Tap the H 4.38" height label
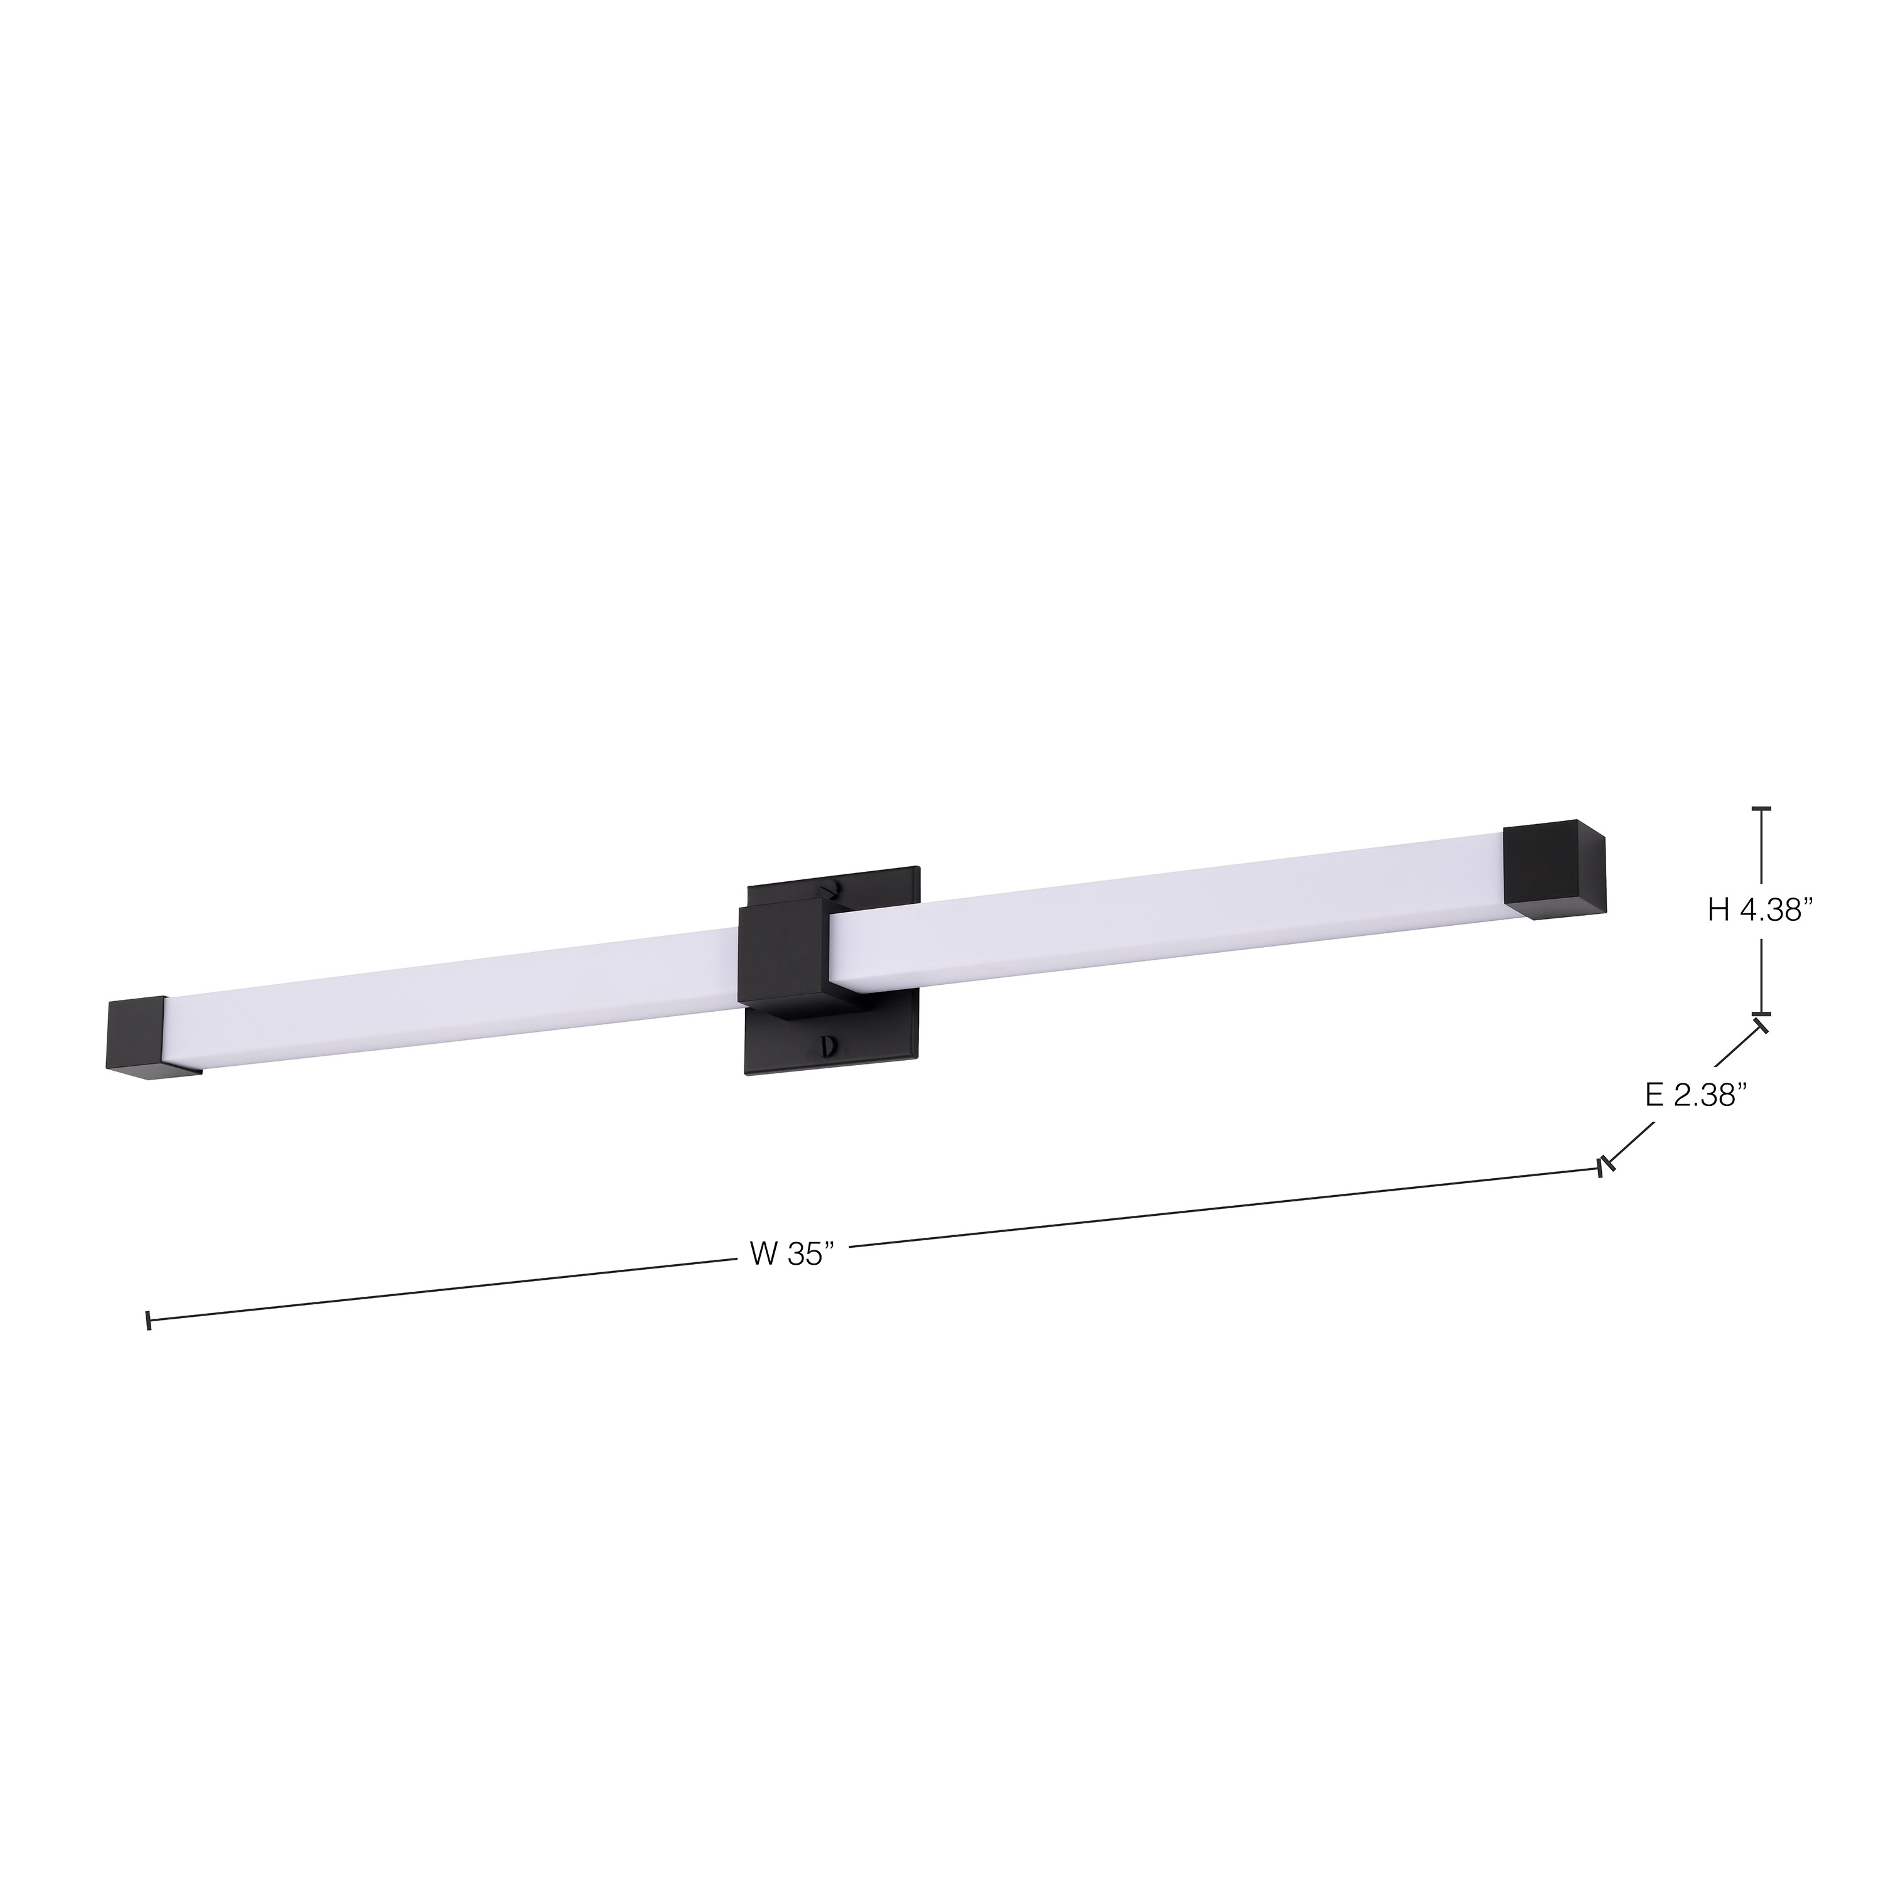(x=1759, y=910)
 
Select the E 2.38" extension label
(x=1692, y=1095)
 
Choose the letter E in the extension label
(x=1653, y=1095)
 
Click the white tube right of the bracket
(x=1169, y=906)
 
